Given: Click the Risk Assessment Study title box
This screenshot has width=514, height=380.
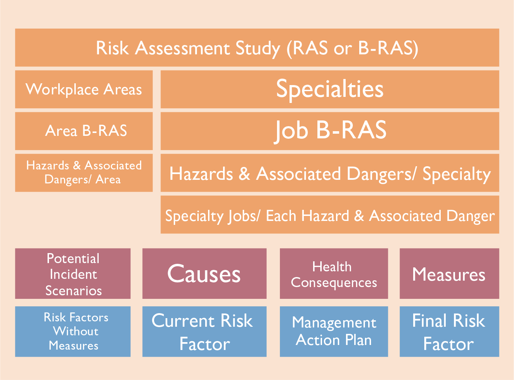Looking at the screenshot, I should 257,48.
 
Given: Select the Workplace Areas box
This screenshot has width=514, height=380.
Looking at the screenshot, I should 84,89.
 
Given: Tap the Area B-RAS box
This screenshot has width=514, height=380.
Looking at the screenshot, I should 84,131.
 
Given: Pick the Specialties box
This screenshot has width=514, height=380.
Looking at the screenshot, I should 330,89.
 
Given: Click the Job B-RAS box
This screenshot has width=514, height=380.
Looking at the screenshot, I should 330,131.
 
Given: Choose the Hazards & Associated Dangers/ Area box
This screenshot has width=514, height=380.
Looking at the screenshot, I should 84,173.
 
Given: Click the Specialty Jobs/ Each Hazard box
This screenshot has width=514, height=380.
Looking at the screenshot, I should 330,215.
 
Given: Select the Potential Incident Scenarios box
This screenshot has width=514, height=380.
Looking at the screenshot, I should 73,274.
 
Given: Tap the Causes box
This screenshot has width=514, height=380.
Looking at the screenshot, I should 204,274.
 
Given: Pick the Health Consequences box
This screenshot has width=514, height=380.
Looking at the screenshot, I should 333,274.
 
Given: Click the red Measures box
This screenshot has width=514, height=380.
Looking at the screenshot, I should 449,274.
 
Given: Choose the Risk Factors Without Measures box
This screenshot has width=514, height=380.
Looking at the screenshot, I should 73,331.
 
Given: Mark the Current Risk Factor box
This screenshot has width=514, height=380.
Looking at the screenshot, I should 204,331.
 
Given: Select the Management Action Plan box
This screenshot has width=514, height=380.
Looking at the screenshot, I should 333,331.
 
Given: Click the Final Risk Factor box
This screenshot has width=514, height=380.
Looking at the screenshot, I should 449,331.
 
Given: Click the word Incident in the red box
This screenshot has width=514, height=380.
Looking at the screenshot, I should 73,275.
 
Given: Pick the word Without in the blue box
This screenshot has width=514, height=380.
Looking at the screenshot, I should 76,331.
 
